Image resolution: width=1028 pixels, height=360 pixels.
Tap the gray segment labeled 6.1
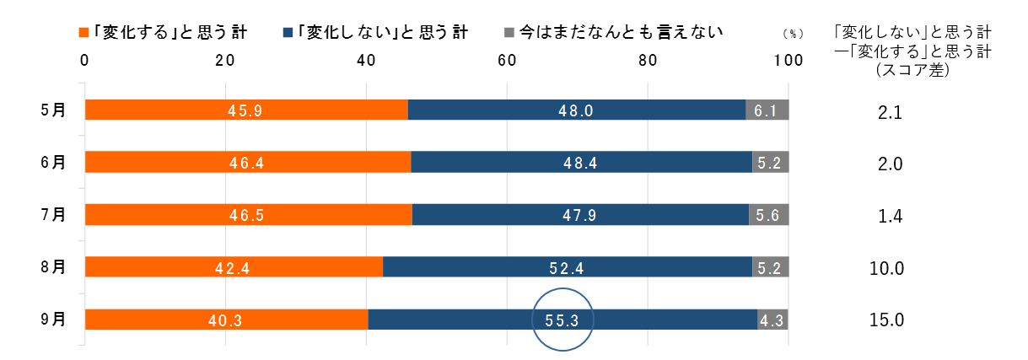coord(767,110)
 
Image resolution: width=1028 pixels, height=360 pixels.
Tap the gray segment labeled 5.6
coord(768,215)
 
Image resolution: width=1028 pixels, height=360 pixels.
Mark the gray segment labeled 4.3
coord(772,320)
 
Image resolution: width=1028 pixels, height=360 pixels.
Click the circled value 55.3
coord(562,320)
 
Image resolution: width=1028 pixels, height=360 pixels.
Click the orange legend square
coord(83,32)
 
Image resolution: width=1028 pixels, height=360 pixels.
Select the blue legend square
coord(288,32)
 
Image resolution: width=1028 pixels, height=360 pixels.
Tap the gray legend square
coord(509,32)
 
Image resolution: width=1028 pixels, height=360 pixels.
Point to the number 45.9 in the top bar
coord(245,110)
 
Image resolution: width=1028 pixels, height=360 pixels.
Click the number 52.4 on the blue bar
coord(567,268)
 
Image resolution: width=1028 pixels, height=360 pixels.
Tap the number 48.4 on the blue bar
coord(580,163)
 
